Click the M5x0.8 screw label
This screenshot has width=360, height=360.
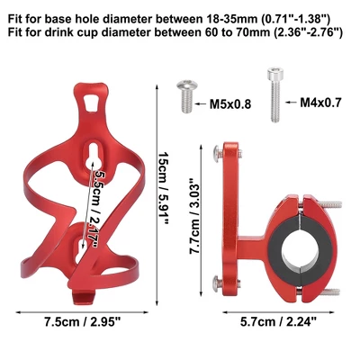230,104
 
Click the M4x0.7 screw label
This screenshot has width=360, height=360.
320,103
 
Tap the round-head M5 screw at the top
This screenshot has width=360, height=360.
187,96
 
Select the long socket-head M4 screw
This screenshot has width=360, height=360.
275,94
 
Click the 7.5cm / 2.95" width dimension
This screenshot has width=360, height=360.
82,322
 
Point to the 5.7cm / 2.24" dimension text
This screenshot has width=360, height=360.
278,322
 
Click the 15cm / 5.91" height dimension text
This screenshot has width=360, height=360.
164,188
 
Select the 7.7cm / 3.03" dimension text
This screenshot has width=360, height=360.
194,216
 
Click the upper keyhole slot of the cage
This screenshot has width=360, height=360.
94,156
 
